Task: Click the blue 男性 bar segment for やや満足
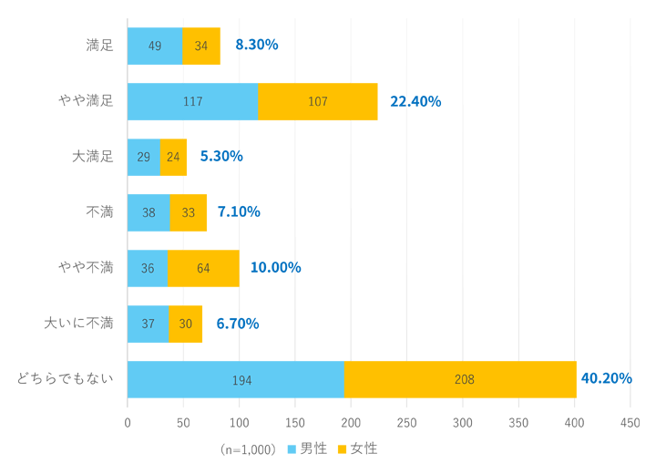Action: (x=192, y=101)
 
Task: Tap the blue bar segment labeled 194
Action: (x=235, y=379)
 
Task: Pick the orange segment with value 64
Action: (x=203, y=268)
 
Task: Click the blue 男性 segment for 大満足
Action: (x=143, y=157)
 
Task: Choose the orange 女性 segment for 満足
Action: (x=200, y=46)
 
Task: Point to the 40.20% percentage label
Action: (x=606, y=378)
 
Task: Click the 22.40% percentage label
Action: (x=415, y=101)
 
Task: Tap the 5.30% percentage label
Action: (x=221, y=156)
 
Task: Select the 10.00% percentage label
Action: (x=275, y=267)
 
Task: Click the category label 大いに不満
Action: (x=79, y=323)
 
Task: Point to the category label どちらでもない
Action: (x=66, y=378)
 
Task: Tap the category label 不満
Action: (x=99, y=212)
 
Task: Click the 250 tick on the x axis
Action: (x=406, y=423)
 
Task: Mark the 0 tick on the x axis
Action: (x=128, y=423)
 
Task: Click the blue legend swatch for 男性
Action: (x=292, y=449)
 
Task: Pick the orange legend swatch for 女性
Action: (x=343, y=449)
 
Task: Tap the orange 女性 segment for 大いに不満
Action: (x=185, y=324)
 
